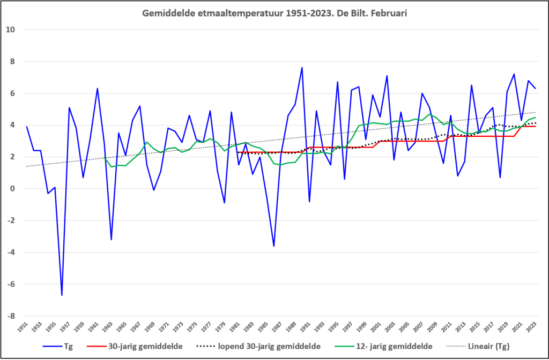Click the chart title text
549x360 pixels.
click(274, 13)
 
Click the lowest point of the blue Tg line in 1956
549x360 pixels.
click(62, 295)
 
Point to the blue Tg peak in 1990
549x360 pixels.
click(302, 67)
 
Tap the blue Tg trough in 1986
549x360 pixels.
click(274, 246)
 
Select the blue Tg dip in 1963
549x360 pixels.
click(112, 239)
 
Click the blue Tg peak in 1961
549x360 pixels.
click(98, 89)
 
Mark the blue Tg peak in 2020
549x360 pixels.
click(514, 74)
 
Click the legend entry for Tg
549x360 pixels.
click(58, 347)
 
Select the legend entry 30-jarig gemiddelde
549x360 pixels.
click(135, 347)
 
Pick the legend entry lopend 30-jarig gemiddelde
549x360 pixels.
click(258, 347)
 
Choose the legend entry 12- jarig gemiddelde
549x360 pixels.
click(383, 347)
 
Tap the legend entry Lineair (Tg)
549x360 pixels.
click(478, 347)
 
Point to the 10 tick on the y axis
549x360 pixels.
click(10, 30)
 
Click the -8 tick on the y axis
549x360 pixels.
click(10, 316)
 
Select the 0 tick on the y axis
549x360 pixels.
click(12, 189)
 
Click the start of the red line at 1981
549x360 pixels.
click(239, 152)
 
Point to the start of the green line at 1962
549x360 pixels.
click(105, 157)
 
